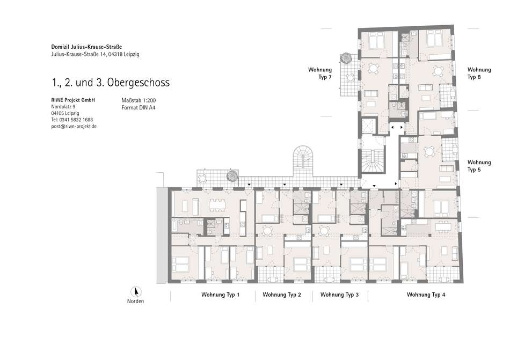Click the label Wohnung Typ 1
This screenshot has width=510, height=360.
[220, 295]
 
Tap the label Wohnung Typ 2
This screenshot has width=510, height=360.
[282, 295]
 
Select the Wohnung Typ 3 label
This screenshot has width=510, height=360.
[339, 295]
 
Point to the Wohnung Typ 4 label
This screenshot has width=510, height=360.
[426, 295]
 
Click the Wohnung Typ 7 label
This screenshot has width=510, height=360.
[320, 74]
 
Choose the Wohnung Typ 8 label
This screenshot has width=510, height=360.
[479, 74]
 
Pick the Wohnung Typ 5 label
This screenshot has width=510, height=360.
[479, 166]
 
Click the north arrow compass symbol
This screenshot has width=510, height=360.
[135, 292]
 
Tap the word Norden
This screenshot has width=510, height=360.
[135, 301]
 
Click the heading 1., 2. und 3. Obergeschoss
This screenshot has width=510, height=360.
[111, 83]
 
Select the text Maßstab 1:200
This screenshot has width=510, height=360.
[139, 101]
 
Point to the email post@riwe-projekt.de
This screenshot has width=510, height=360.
[74, 127]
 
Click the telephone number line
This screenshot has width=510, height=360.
[72, 120]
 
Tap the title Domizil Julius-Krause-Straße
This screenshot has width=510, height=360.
[86, 47]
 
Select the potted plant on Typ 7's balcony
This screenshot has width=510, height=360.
[345, 58]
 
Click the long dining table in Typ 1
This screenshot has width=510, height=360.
[217, 205]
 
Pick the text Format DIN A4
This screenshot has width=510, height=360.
[138, 107]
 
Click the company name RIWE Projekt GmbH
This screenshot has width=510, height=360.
[73, 100]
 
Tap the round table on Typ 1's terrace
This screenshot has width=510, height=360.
[202, 178]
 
